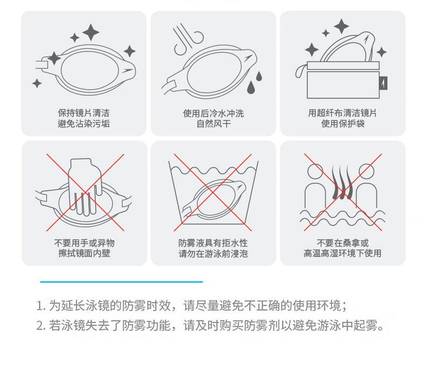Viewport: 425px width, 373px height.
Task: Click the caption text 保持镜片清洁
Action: (83, 113)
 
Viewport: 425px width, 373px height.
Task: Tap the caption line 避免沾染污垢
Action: (83, 124)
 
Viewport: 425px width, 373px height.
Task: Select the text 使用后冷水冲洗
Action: (213, 113)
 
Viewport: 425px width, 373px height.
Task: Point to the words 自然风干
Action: (213, 124)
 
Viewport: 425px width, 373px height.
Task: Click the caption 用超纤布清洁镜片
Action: (342, 113)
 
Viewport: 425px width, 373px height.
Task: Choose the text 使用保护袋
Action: (342, 124)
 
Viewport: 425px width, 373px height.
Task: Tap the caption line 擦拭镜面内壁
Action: (84, 253)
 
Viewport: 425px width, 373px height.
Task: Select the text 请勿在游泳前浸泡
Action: (213, 253)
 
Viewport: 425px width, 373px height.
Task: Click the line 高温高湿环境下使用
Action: (342, 253)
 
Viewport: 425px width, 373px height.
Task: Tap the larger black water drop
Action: (251, 88)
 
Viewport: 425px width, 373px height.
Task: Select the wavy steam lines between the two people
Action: (342, 182)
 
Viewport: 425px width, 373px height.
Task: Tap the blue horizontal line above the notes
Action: (121, 281)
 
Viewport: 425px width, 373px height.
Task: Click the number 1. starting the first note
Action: (41, 306)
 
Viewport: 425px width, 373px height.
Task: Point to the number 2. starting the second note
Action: (41, 326)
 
